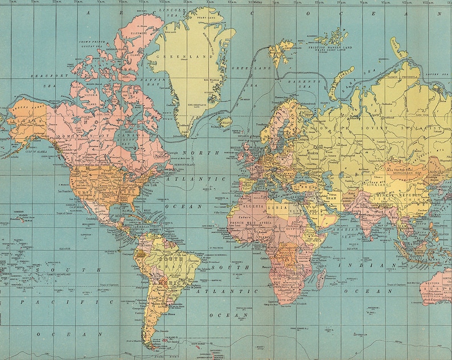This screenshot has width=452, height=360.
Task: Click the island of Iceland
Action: (x=225, y=121)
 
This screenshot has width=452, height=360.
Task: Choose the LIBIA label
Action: (x=276, y=208)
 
